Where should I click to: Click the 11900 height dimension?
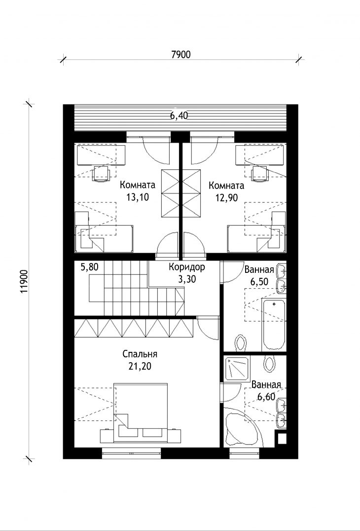(24, 281)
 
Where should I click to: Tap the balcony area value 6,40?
(179, 116)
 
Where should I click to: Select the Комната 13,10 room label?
(138, 191)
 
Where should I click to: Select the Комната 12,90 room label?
(226, 191)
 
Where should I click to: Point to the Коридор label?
(187, 267)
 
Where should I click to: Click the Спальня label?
(140, 354)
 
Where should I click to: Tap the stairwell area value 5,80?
(89, 267)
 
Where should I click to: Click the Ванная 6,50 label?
(259, 275)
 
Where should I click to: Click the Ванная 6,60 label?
(266, 390)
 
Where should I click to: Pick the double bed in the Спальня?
(141, 413)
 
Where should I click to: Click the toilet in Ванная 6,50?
(241, 342)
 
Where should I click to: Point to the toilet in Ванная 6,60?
(270, 363)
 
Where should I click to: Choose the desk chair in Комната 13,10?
(101, 174)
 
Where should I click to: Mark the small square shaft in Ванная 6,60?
(282, 439)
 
